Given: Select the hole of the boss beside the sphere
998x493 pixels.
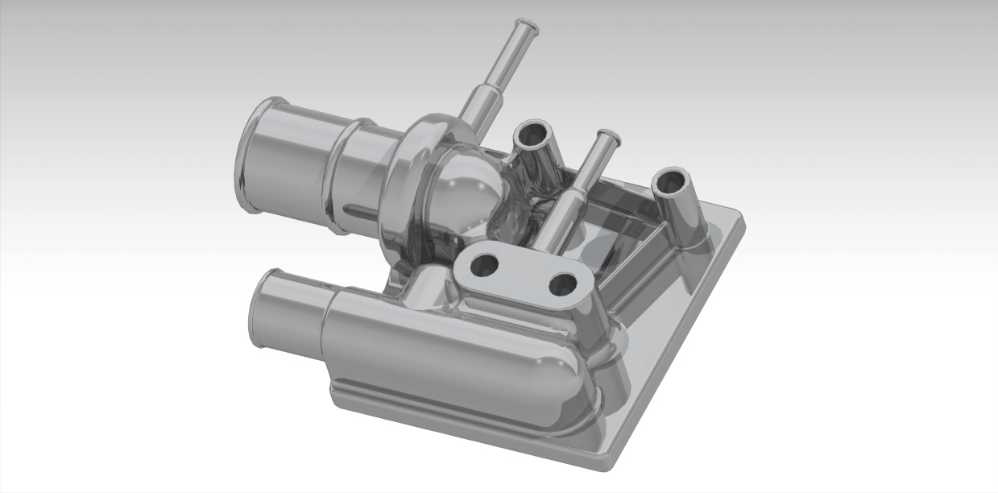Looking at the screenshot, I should point(532,135).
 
